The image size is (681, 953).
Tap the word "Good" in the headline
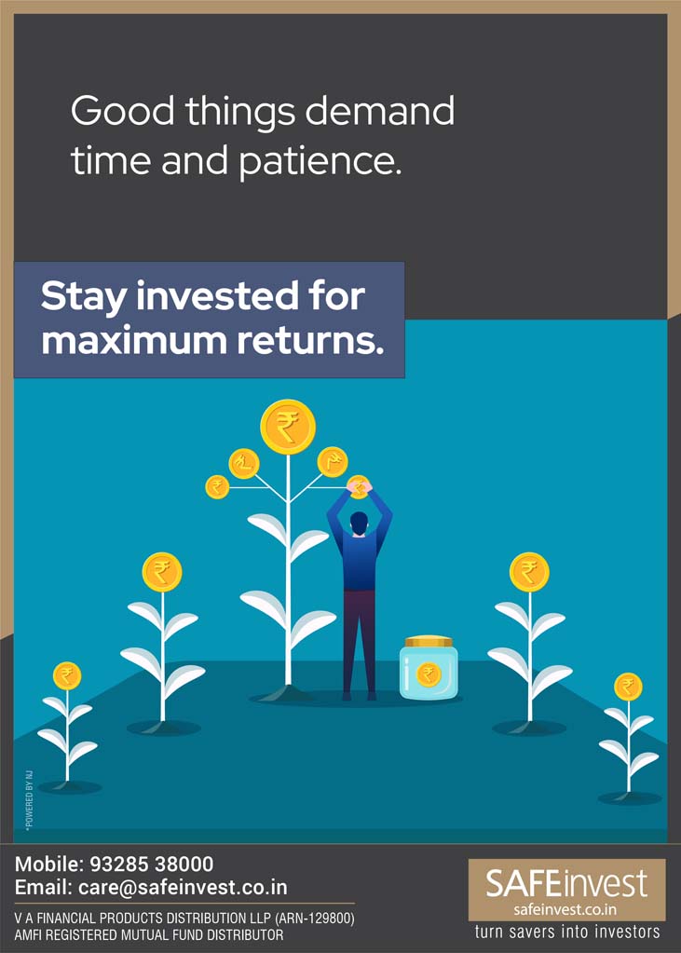point(123,111)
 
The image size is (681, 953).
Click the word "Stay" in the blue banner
point(83,296)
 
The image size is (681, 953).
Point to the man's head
point(360,522)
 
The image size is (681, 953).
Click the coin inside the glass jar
point(429,674)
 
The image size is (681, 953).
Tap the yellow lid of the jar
point(429,642)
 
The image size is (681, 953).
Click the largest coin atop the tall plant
point(288,426)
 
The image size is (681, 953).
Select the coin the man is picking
point(359,487)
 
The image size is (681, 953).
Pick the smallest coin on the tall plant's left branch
point(217,487)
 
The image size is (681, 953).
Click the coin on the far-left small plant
point(67,675)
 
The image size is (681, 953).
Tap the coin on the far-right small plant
point(628,687)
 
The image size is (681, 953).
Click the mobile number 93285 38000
point(152,865)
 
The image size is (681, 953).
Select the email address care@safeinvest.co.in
point(183,888)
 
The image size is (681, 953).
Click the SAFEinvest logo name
point(566,883)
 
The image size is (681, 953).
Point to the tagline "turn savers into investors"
point(566,932)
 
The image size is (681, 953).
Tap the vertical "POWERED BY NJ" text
point(29,800)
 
